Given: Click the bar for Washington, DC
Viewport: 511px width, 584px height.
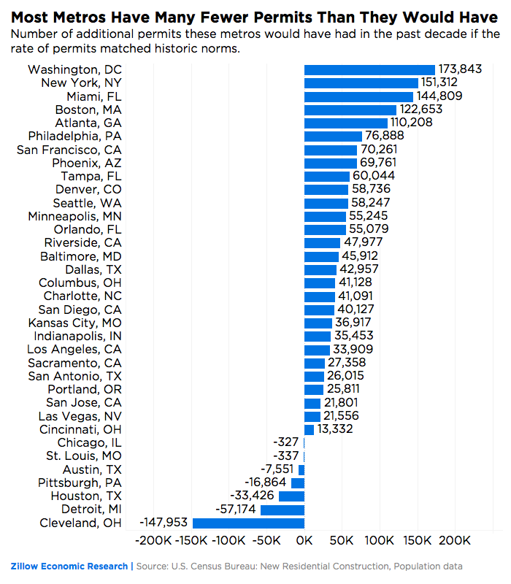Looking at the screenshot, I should pyautogui.click(x=369, y=69).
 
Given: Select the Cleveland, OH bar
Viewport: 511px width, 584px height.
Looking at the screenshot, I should pyautogui.click(x=248, y=523).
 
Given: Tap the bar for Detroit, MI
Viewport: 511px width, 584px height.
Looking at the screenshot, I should pyautogui.click(x=283, y=509).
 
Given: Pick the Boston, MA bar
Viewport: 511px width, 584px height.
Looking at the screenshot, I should pyautogui.click(x=350, y=109).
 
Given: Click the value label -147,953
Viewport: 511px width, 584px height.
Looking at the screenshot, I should pyautogui.click(x=164, y=523).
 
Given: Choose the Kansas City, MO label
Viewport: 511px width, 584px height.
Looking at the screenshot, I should pyautogui.click(x=75, y=323).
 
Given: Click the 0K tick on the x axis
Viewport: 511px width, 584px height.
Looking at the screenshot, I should pyautogui.click(x=304, y=542).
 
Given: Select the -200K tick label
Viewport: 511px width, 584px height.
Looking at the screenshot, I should pyautogui.click(x=153, y=542).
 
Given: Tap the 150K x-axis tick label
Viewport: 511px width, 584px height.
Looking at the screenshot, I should pyautogui.click(x=418, y=542).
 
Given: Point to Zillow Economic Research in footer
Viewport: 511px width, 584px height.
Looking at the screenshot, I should pyautogui.click(x=69, y=566).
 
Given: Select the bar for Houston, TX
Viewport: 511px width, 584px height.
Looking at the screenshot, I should pyautogui.click(x=292, y=496).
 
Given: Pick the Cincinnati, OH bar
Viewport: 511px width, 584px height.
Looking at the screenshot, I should pyautogui.click(x=310, y=429).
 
